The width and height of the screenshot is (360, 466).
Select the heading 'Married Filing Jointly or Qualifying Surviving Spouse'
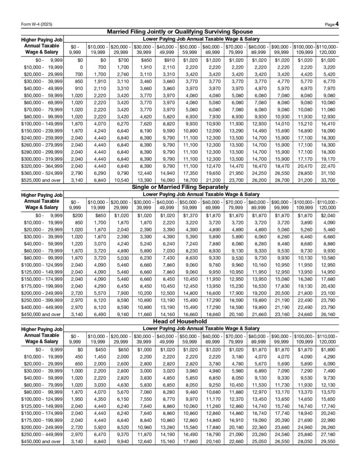click(x=180, y=32)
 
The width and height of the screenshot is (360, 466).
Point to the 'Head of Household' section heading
click(x=180, y=321)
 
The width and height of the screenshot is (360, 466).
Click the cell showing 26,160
click(x=327, y=314)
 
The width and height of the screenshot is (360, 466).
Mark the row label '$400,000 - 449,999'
click(x=43, y=308)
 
